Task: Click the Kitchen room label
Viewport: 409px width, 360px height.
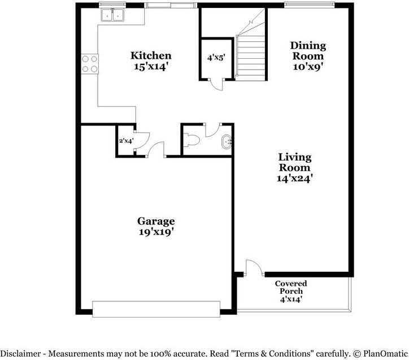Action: tap(151, 56)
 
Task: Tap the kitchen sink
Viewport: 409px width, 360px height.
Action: tap(112, 15)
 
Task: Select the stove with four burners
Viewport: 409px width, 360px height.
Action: tap(90, 63)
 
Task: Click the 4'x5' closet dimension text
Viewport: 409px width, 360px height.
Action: tap(216, 57)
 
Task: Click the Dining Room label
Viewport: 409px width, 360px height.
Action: tap(308, 51)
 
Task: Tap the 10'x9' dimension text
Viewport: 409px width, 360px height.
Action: tap(308, 66)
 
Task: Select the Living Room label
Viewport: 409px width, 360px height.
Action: tap(295, 162)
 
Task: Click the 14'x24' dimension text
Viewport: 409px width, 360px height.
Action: tap(295, 178)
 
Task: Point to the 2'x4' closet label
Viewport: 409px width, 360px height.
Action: tap(125, 141)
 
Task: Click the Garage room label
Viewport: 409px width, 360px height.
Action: tap(156, 221)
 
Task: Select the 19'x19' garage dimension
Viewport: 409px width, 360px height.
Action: tap(156, 232)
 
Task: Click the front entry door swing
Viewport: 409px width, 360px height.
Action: tap(253, 267)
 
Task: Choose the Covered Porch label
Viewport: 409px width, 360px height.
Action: tap(291, 287)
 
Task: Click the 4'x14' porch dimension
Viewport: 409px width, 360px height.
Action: tap(291, 300)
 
